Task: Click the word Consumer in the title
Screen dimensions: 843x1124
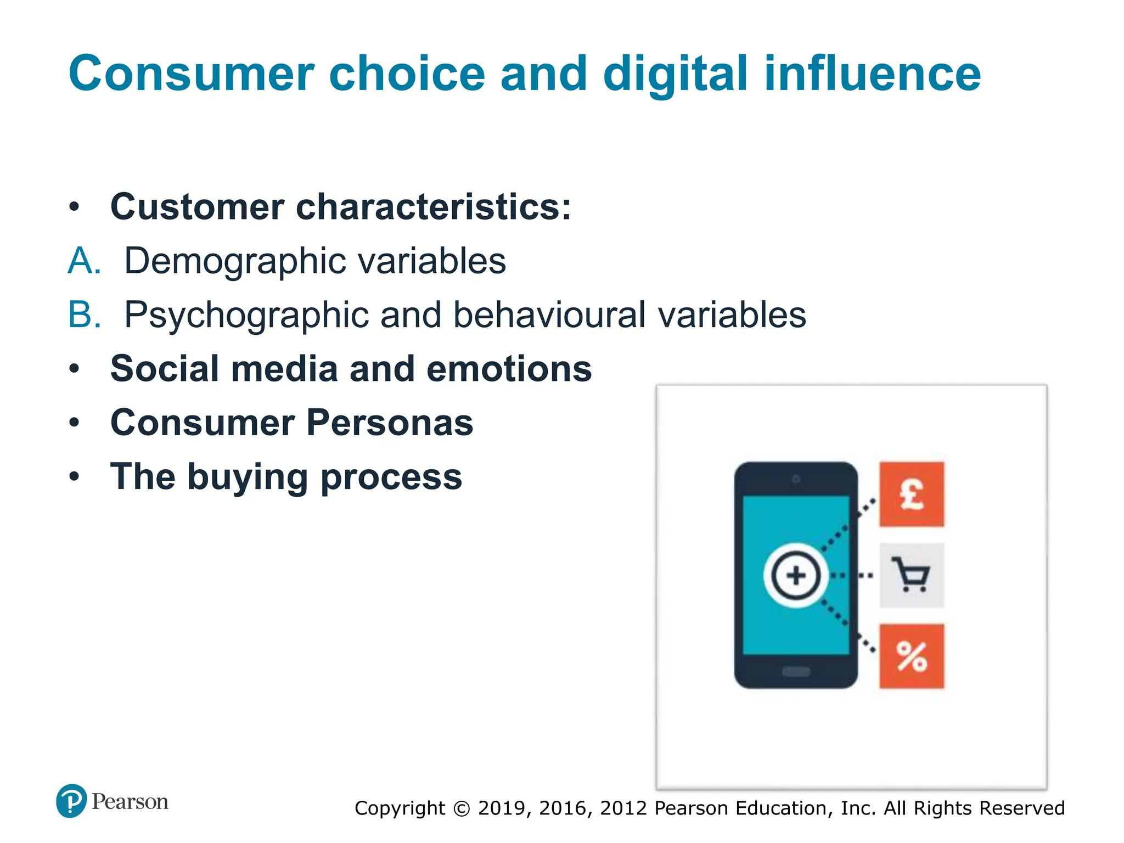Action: (x=192, y=74)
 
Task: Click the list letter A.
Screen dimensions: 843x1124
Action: (x=84, y=261)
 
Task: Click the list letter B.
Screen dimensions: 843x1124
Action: (x=84, y=315)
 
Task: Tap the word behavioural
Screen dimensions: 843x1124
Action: (x=548, y=315)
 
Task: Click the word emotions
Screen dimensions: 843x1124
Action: (x=509, y=369)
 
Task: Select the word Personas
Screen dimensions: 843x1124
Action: (x=389, y=423)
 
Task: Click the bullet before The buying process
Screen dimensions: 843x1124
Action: (x=75, y=476)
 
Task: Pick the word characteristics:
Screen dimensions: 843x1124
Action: (x=434, y=207)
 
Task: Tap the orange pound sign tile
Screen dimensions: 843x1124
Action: (x=912, y=494)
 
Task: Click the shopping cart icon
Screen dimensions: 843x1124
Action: (x=911, y=575)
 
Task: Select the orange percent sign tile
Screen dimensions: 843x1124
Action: (x=912, y=656)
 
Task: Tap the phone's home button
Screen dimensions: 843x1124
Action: (x=796, y=671)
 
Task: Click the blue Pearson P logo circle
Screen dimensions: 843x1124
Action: (x=71, y=801)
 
